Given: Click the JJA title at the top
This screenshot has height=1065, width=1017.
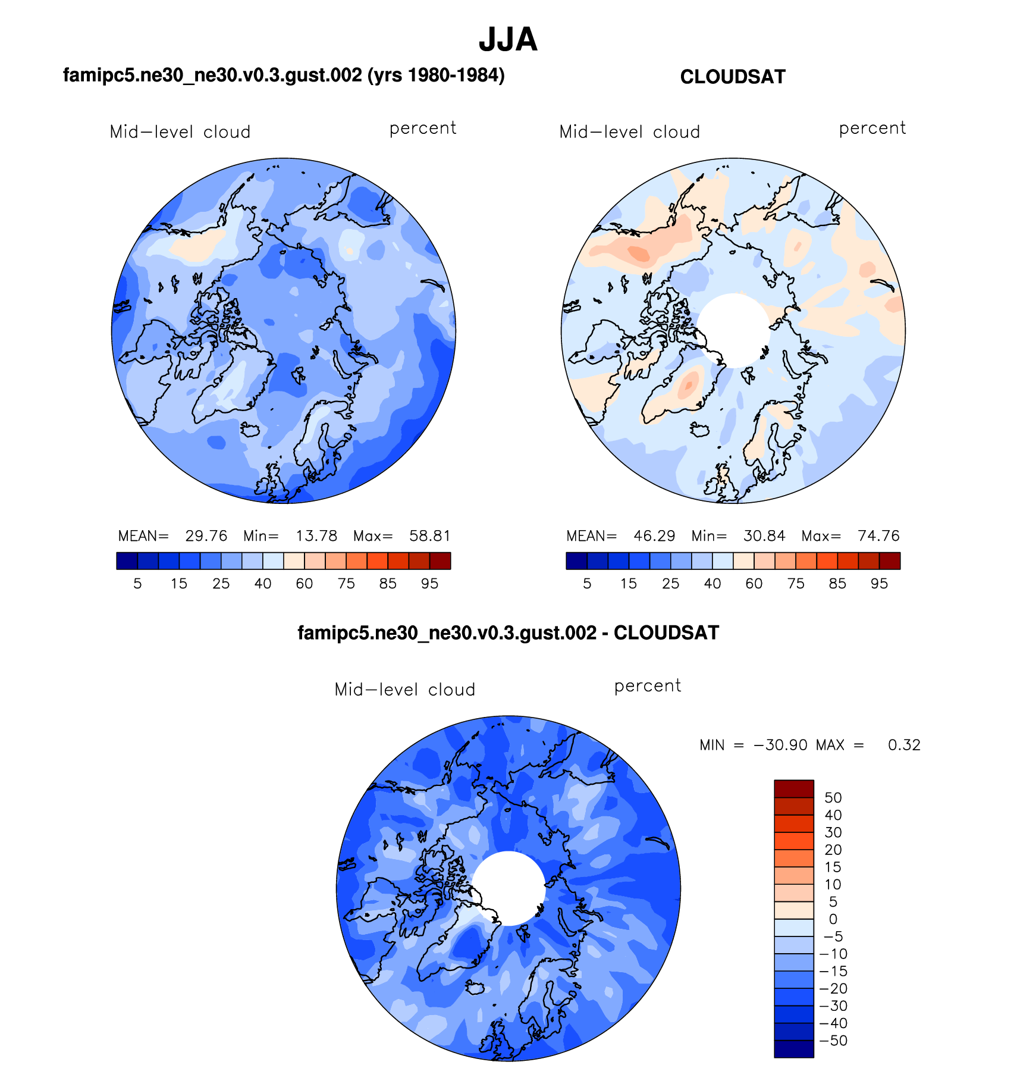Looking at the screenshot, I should (x=508, y=40).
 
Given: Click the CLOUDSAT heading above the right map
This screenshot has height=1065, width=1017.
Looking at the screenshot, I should (x=733, y=77).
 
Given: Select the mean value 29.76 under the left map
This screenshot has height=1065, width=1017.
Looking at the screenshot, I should (x=206, y=536).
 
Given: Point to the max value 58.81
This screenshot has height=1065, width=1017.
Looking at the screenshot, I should (x=429, y=536).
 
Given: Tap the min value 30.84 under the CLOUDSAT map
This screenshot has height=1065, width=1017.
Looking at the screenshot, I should (x=764, y=536).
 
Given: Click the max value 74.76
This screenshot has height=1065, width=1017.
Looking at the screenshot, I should (x=878, y=536).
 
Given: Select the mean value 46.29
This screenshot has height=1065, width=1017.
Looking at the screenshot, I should (x=654, y=536).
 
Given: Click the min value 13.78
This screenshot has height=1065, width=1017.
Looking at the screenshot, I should (x=316, y=536).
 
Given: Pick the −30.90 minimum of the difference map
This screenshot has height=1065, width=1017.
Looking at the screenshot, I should (x=780, y=745).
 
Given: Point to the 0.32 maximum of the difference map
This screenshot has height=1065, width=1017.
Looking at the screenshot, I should (x=904, y=745).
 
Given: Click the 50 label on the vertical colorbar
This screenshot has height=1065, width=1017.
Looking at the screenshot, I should (x=833, y=798).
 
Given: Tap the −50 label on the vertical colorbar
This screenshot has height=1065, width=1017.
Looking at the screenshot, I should (x=833, y=1041).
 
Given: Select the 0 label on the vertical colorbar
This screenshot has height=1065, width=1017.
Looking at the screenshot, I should (x=833, y=919).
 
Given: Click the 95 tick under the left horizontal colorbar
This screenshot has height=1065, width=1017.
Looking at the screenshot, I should (x=429, y=584).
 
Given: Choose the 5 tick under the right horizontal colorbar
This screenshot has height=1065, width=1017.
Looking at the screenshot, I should (x=587, y=584).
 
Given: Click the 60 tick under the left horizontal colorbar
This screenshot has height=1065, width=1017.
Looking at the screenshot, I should (x=305, y=584).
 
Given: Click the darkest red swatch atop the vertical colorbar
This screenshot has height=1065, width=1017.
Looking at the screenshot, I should (x=793, y=789).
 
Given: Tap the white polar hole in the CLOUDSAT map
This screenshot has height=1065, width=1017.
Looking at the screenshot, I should (x=733, y=330).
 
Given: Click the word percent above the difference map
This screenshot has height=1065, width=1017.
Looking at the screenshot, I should (x=648, y=686).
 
